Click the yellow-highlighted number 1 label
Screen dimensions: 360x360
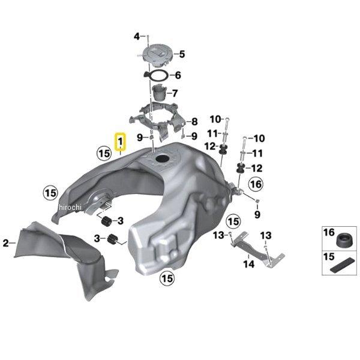tap(121, 142)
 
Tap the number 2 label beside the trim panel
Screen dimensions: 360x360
tap(6, 243)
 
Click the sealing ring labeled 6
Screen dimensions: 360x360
tap(156, 76)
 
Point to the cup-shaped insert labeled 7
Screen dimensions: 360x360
tap(160, 92)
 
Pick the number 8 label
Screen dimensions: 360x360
tap(194, 122)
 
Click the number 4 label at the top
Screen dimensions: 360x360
tap(137, 36)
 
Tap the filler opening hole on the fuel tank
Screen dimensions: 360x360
tap(163, 158)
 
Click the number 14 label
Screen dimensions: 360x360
tap(249, 264)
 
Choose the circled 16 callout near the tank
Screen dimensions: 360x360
tap(256, 184)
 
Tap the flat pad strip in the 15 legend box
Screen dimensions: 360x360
tap(342, 265)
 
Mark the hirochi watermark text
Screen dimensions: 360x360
tap(70, 208)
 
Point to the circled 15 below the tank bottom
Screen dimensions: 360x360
tap(167, 279)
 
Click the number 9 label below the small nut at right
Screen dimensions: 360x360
tap(257, 215)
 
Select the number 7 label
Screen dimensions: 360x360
tap(175, 93)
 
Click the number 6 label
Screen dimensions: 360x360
tap(178, 75)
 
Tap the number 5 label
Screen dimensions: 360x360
tap(182, 54)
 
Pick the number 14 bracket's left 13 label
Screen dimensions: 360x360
tap(218, 235)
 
